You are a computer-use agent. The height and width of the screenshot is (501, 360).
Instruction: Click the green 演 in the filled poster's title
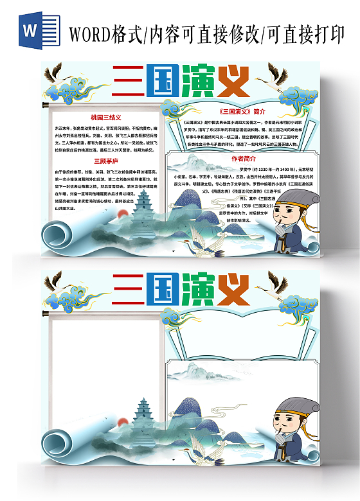point(199,82)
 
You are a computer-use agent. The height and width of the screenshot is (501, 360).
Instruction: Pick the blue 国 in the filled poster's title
point(156,82)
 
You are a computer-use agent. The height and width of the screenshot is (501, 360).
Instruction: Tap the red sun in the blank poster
point(120,423)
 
